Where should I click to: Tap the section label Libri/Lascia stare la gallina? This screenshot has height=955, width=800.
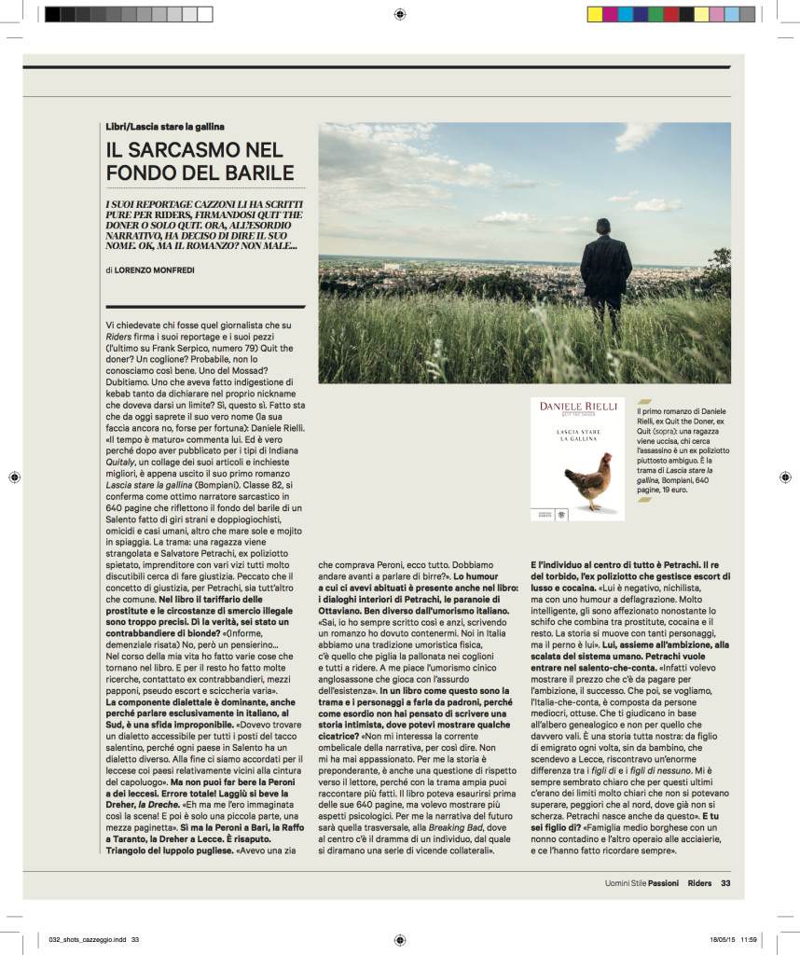pyautogui.click(x=165, y=126)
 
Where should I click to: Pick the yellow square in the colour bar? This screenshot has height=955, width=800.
pyautogui.click(x=594, y=14)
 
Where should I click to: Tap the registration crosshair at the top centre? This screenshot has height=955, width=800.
pyautogui.click(x=399, y=14)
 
